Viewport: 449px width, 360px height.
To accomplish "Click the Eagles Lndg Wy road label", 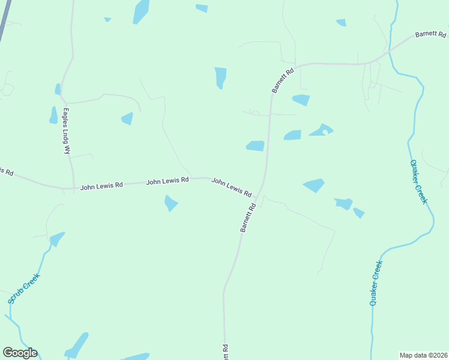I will (66, 131).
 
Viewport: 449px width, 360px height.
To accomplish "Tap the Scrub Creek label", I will (24, 289).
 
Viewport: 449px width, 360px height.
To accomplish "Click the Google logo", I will (20, 353).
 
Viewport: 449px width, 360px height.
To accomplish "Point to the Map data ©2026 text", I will (423, 355).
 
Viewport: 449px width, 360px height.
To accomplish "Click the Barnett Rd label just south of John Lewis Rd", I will (248, 217).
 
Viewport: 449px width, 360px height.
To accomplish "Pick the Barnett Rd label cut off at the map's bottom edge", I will (225, 352).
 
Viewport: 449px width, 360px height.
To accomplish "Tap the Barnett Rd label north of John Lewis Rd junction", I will (283, 79).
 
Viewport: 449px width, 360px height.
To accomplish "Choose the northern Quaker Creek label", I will (418, 182).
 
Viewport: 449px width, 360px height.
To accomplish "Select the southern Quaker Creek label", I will (376, 283).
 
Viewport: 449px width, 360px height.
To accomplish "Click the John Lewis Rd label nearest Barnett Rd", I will (231, 187).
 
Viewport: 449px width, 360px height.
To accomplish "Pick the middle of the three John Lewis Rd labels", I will (167, 180).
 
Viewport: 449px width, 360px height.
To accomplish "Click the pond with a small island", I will (321, 130).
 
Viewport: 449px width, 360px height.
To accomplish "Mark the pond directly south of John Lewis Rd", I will (171, 203).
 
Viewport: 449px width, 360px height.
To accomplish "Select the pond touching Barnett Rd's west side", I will (255, 146).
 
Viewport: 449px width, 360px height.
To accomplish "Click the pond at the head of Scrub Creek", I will (56, 239).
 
